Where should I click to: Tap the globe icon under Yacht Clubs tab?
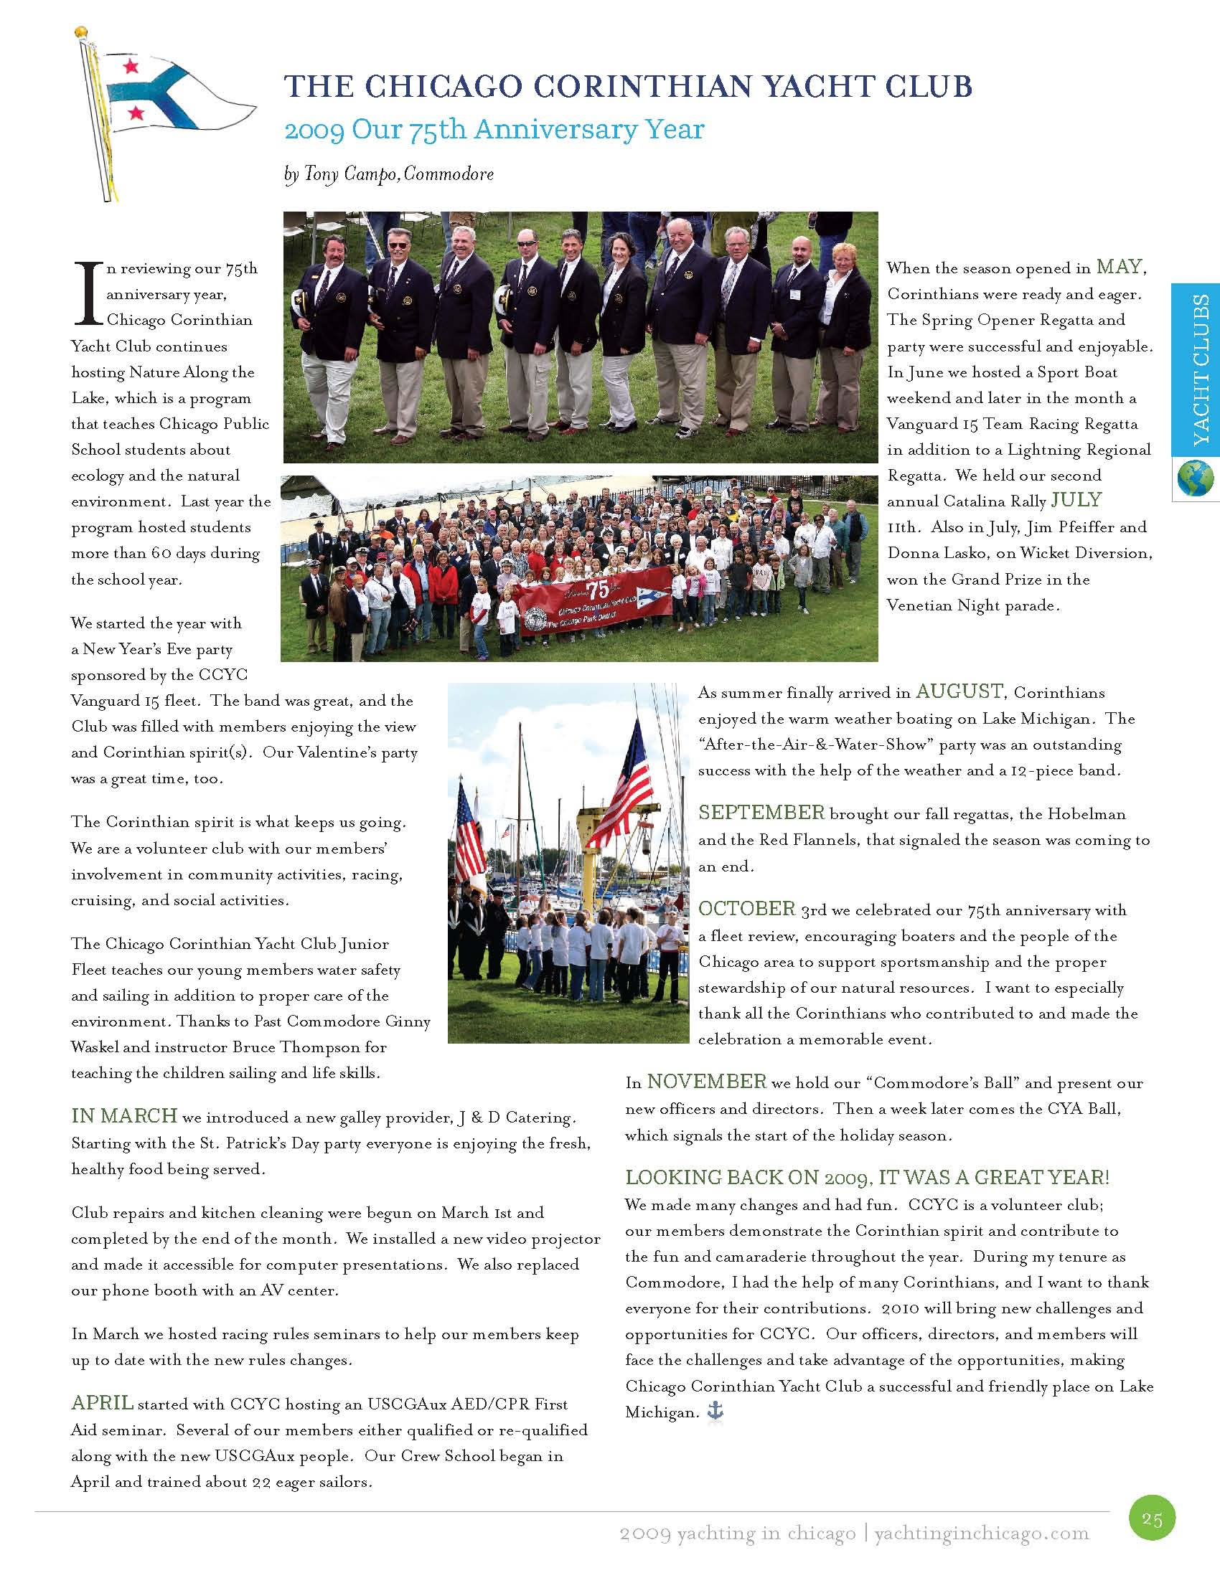click(x=1196, y=478)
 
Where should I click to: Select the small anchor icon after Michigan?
click(x=715, y=1411)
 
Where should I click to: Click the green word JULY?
click(x=1076, y=500)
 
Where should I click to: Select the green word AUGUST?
click(x=959, y=691)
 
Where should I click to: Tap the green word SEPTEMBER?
click(x=761, y=813)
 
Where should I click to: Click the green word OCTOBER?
click(x=746, y=909)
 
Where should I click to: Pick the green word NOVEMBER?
click(x=706, y=1082)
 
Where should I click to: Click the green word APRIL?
click(x=102, y=1403)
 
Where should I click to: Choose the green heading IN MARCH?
click(x=123, y=1116)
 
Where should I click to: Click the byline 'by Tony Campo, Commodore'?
click(x=389, y=174)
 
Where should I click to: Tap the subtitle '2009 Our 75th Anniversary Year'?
click(x=494, y=130)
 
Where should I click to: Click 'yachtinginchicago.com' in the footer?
click(x=981, y=1534)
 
